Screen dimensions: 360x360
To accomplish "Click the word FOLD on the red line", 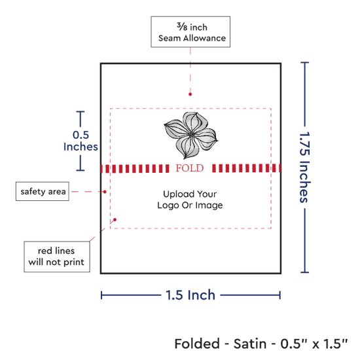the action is point(190,168).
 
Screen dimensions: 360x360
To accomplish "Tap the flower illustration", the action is point(190,135).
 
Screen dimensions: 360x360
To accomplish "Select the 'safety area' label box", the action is point(43,191).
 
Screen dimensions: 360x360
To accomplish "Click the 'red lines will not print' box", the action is point(57,257).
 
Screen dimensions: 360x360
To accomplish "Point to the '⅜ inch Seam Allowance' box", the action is point(190,32).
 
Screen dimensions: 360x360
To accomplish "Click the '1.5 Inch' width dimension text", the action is point(190,295).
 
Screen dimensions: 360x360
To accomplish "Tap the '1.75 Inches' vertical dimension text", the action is point(305,167).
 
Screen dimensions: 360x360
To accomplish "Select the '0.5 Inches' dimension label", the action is point(81,141).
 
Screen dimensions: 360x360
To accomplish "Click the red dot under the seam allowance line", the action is point(190,94).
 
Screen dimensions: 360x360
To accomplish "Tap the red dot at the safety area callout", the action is point(105,192).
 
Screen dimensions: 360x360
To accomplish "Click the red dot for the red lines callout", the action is point(115,220).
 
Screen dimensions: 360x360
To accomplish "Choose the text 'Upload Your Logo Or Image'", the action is point(190,200).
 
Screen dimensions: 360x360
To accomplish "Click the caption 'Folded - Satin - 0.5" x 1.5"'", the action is point(261,344).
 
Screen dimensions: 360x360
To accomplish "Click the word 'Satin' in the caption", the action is point(250,344).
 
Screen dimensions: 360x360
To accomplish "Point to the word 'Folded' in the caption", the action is point(197,344).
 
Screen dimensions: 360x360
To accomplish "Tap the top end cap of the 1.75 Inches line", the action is point(304,62).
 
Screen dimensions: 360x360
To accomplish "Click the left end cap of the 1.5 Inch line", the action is point(101,295).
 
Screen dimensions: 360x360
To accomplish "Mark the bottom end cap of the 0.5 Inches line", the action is point(81,170).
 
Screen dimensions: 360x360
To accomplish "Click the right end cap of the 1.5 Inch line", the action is point(280,295).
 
